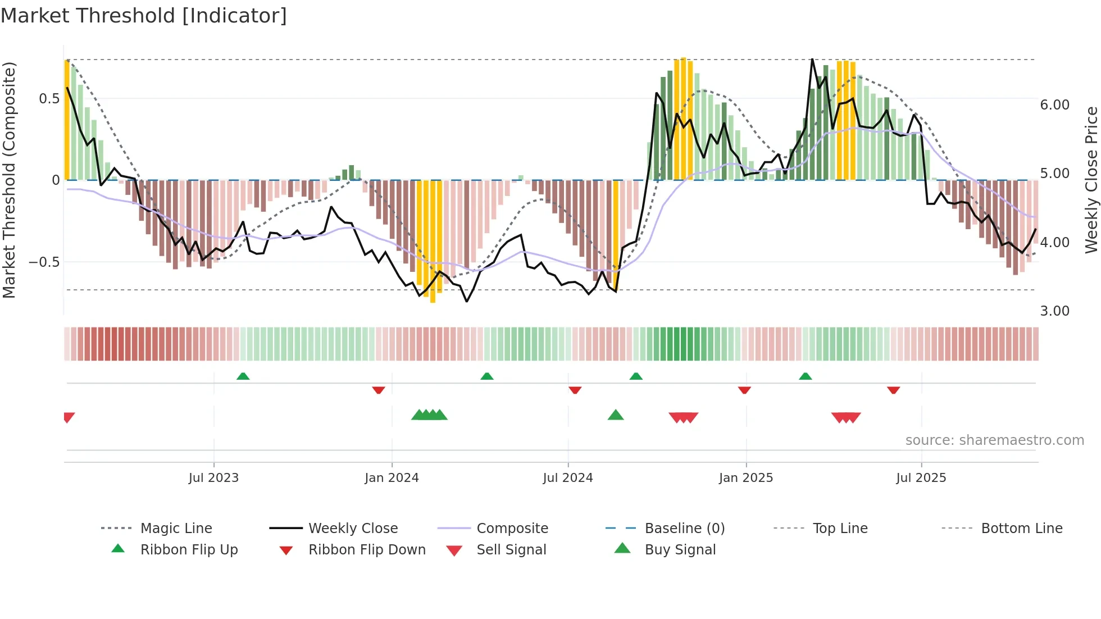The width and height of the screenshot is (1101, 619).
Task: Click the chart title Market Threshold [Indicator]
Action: [144, 16]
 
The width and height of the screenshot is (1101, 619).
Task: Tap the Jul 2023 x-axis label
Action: [213, 478]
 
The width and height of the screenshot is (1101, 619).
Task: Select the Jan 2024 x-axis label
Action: [392, 478]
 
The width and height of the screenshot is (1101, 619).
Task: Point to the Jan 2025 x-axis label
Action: [746, 478]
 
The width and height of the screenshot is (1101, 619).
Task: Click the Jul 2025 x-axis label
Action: [921, 478]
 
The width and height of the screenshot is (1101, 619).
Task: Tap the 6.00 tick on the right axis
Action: [1054, 105]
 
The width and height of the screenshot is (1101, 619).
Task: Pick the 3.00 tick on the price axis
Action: [1054, 311]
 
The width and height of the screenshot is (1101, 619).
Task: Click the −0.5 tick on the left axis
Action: [44, 262]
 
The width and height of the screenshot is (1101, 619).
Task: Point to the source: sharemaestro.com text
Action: [994, 440]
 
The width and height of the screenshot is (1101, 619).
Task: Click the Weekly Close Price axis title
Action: [1091, 180]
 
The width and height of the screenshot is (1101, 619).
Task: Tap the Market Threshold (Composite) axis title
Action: [9, 180]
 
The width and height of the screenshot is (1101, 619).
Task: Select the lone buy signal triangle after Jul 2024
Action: [616, 415]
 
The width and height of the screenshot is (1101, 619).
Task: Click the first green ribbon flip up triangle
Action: [243, 376]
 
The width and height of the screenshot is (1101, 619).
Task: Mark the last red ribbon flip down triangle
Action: [893, 390]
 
